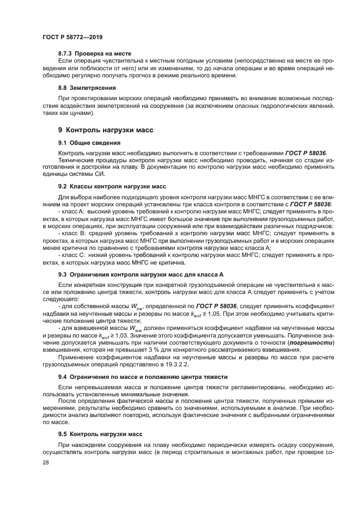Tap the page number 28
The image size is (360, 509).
(46, 462)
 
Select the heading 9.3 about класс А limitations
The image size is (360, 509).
(141, 274)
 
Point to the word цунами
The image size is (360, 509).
(83, 113)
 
